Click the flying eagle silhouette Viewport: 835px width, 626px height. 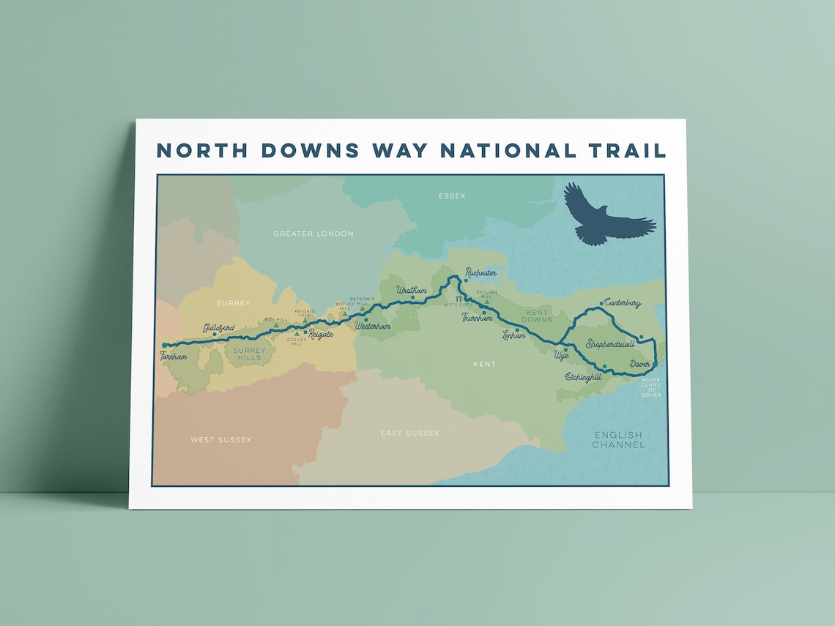605,217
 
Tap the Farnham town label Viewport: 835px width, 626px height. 174,357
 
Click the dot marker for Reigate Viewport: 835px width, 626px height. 305,332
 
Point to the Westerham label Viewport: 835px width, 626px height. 372,327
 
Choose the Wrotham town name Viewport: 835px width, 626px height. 411,290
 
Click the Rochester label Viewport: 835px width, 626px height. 480,272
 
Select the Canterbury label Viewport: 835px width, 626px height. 623,303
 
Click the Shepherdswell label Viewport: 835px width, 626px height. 610,343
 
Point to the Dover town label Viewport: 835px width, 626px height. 639,364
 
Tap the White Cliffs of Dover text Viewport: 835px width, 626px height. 650,387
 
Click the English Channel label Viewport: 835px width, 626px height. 618,439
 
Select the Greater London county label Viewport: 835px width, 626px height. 313,234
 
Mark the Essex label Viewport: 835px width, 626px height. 451,195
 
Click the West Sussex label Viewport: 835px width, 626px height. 220,439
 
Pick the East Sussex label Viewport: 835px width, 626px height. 409,433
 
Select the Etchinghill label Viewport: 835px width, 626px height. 583,376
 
